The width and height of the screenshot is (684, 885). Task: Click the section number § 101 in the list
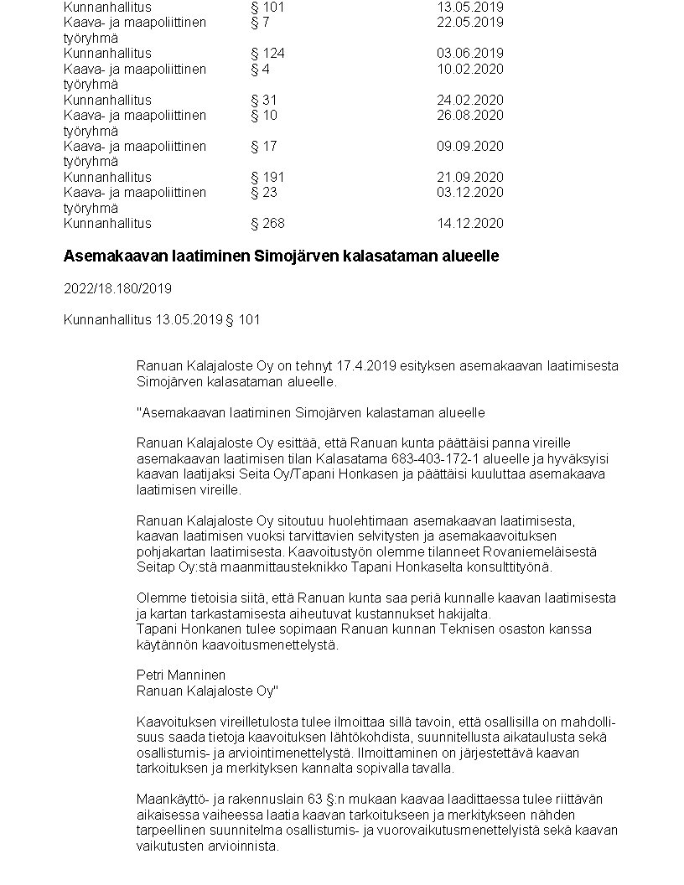[267, 8]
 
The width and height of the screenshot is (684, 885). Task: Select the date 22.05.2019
[469, 22]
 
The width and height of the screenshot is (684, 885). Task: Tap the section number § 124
[267, 54]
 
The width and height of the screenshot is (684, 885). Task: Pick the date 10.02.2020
[469, 69]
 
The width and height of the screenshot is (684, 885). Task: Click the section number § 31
[263, 101]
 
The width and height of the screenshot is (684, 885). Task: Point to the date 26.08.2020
[469, 115]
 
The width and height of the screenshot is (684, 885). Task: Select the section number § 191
[267, 178]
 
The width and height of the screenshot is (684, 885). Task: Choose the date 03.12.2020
[469, 193]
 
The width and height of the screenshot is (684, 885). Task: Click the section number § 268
[267, 224]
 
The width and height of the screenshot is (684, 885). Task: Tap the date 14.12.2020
[469, 224]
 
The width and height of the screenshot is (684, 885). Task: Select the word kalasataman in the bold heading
[381, 256]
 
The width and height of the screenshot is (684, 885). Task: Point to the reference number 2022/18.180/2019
[117, 288]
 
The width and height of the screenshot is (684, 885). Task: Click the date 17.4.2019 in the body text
[366, 366]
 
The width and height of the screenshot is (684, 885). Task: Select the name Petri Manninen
[181, 675]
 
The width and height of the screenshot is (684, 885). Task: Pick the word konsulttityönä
[510, 567]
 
